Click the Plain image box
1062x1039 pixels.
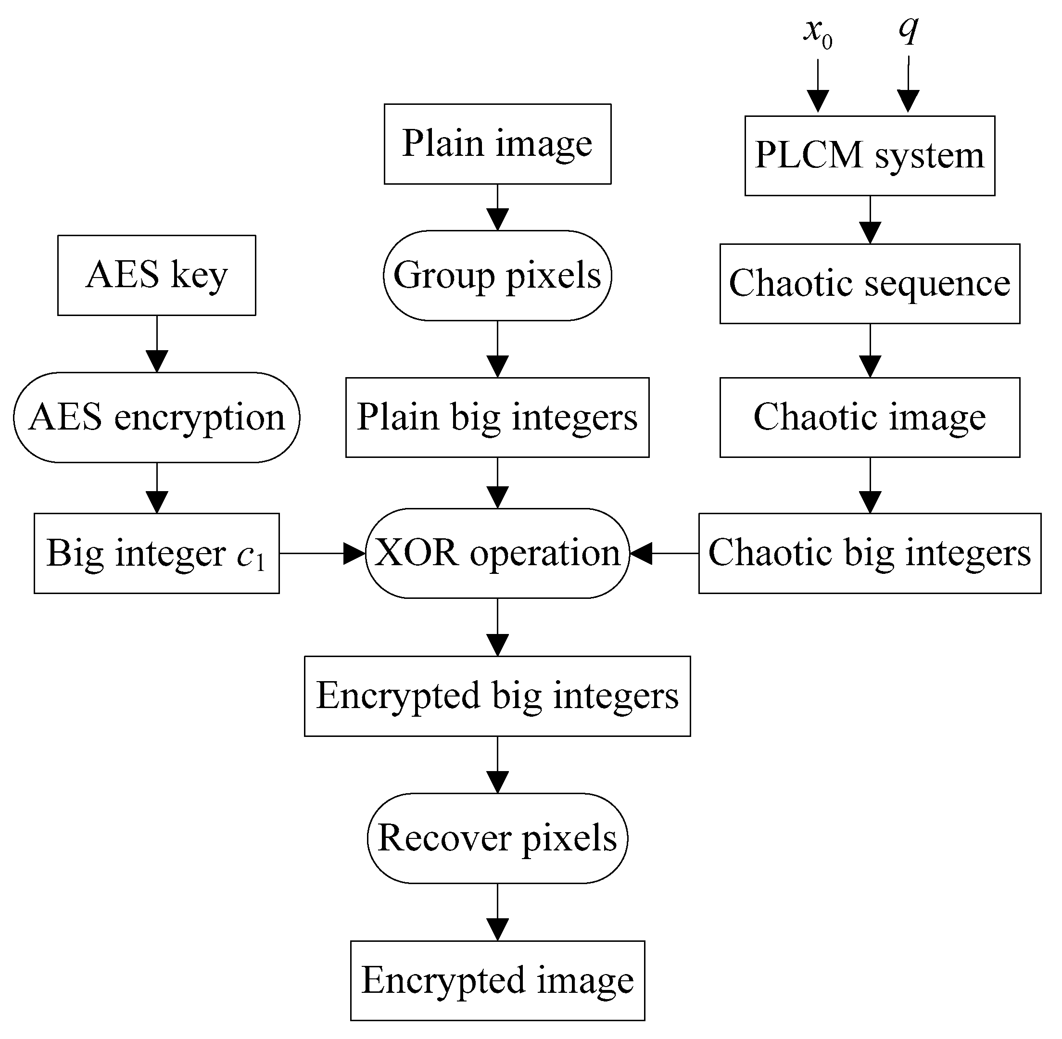497,144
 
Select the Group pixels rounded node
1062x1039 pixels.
497,276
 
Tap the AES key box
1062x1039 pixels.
157,276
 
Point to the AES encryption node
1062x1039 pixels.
157,418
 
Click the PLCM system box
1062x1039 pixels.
870,155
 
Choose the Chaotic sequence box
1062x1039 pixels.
870,284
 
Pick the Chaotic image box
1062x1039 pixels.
870,418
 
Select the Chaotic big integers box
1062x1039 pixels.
870,553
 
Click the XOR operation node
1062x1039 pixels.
497,553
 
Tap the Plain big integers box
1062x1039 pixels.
497,418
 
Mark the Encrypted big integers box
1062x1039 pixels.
497,697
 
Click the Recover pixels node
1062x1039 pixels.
497,838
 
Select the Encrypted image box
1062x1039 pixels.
497,981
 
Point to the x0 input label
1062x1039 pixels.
818,33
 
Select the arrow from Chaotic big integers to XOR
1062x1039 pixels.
664,553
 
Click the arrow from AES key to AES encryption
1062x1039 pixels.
157,344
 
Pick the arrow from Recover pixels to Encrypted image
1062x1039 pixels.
497,912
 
